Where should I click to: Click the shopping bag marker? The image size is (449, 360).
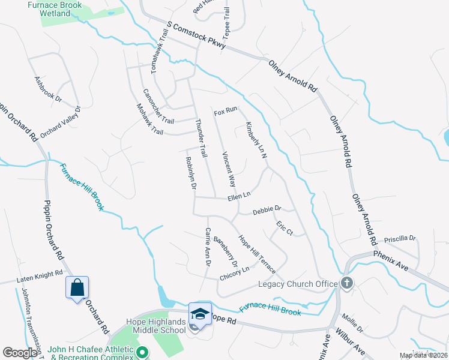[x=77, y=288]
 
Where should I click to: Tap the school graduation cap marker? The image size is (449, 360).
[x=199, y=314]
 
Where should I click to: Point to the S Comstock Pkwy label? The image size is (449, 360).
[x=196, y=36]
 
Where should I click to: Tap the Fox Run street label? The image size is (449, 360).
[x=226, y=112]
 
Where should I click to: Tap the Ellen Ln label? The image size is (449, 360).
[x=238, y=196]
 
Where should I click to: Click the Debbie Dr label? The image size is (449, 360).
[x=267, y=211]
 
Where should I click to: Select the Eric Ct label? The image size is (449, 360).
[x=284, y=228]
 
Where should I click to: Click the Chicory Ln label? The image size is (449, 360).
[x=234, y=273]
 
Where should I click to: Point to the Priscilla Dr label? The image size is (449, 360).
[x=400, y=238]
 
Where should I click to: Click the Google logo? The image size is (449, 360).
[x=20, y=353]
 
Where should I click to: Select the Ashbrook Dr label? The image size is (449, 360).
[x=48, y=91]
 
